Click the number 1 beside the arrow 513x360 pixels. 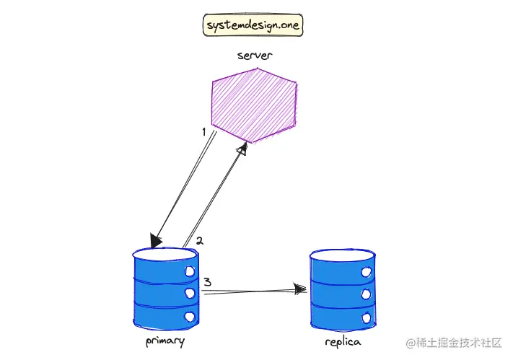tap(204, 132)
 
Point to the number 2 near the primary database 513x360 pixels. tap(200, 241)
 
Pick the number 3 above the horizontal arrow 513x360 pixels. tap(206, 282)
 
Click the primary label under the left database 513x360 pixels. tap(165, 341)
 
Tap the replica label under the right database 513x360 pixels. tap(343, 341)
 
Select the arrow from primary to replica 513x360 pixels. tap(253, 291)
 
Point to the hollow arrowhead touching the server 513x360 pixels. tap(242, 149)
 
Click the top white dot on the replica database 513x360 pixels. tap(366, 272)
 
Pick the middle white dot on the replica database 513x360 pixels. tap(366, 294)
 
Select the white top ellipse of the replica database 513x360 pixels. tap(342, 255)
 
